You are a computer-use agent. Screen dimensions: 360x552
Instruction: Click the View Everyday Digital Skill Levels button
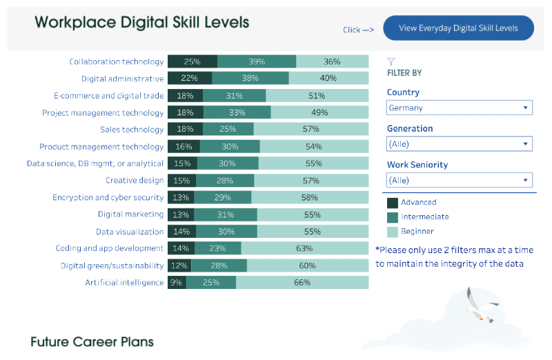tap(458, 28)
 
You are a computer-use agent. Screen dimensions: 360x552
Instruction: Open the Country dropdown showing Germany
tap(460, 108)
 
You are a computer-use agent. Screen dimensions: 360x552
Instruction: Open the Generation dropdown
tap(460, 143)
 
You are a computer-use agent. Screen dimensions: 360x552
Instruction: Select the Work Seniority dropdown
tap(460, 180)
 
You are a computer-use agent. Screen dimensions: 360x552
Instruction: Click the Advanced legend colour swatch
tap(393, 202)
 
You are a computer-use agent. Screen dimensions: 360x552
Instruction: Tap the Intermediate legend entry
tap(424, 217)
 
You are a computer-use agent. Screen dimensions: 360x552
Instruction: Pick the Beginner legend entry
tap(417, 231)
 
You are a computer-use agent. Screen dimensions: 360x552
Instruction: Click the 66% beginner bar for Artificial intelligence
tap(302, 282)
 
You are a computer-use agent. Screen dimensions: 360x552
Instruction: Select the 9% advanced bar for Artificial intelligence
tap(177, 282)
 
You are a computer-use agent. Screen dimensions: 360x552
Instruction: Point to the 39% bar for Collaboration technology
tap(257, 61)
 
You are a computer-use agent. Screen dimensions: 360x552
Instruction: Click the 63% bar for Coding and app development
tap(305, 248)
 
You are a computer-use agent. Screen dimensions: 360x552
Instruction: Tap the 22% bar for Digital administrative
tap(190, 79)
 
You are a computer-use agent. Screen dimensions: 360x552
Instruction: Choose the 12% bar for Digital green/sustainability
tap(179, 266)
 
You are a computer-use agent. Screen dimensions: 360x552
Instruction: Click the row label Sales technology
tap(132, 129)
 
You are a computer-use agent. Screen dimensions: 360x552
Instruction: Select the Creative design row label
tap(135, 180)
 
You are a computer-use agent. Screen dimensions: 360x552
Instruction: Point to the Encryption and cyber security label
tap(108, 197)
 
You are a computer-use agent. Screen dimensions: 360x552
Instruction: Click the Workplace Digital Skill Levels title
tap(142, 22)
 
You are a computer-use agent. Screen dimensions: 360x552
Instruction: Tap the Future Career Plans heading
tap(92, 341)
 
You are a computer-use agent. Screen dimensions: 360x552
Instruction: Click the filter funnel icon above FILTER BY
tap(391, 61)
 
